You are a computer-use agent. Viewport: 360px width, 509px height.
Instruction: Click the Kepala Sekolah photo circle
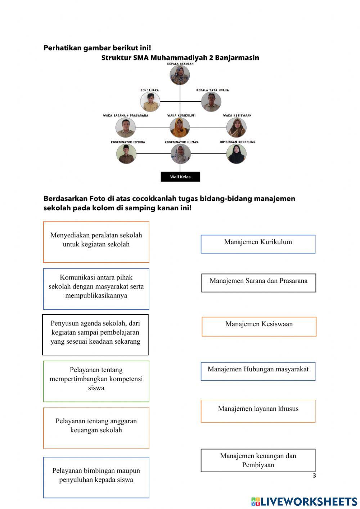(180, 75)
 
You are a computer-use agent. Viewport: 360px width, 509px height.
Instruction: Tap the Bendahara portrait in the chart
(150, 102)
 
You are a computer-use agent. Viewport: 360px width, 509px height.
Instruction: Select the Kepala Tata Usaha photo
(211, 102)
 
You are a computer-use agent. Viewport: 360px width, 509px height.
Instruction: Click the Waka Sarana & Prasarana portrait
(125, 128)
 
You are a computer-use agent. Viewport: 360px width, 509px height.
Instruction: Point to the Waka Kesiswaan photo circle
(236, 128)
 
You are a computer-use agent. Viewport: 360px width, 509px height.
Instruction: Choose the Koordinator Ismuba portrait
(126, 154)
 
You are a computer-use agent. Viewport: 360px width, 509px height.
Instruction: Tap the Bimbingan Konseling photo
(236, 154)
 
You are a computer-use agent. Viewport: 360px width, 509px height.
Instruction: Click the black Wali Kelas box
(180, 177)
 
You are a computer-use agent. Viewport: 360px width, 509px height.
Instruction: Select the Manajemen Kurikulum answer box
(258, 244)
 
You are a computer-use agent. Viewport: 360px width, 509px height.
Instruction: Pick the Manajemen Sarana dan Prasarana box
(258, 283)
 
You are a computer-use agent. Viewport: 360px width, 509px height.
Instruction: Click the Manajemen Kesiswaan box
(259, 326)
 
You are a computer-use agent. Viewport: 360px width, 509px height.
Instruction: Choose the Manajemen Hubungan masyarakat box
(258, 371)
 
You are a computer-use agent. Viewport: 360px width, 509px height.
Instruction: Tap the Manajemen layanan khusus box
(258, 411)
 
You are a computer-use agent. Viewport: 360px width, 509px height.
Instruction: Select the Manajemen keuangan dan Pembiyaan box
(258, 460)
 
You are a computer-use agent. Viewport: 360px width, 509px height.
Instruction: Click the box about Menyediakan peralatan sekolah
(96, 242)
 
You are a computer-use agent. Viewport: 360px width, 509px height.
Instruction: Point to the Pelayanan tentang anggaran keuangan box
(96, 428)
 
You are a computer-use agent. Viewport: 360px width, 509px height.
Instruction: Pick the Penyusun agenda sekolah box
(95, 334)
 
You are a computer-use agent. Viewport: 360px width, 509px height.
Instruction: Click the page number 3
(314, 475)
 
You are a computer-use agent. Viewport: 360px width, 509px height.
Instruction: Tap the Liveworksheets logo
(304, 501)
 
